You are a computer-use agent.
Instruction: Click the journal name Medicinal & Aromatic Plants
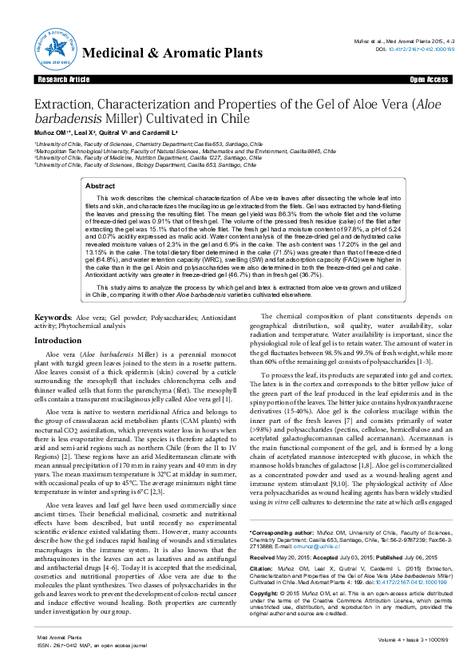tap(172, 53)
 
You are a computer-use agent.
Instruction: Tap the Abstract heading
tap(101, 185)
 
